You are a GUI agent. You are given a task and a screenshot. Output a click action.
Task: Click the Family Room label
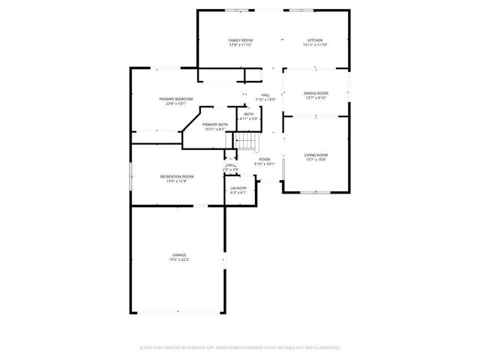pos(240,40)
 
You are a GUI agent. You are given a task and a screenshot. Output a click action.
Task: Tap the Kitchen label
pos(315,40)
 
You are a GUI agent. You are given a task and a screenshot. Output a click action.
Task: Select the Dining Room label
pos(315,93)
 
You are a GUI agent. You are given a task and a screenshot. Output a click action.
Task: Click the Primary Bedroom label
pos(176,99)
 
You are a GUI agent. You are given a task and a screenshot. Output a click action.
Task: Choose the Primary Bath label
pos(214,124)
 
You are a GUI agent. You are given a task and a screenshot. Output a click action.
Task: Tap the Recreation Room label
pos(176,176)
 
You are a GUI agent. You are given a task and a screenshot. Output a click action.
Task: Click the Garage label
pos(178,255)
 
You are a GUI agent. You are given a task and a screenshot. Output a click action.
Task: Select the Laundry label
pos(238,187)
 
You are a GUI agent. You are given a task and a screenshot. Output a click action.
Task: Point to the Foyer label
pos(264,159)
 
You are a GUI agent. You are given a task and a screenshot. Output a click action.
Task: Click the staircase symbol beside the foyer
pos(247,141)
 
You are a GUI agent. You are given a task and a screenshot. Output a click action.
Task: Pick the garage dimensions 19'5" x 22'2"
pos(178,260)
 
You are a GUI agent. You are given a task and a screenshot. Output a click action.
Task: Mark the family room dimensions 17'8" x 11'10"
pos(240,45)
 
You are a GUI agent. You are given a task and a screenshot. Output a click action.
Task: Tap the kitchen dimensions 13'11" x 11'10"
pos(315,45)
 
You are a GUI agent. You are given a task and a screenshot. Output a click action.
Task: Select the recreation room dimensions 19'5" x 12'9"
pos(176,181)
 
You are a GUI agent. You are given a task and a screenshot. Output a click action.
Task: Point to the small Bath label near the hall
pos(248,114)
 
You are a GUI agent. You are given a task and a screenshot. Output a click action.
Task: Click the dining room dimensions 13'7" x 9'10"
pos(315,97)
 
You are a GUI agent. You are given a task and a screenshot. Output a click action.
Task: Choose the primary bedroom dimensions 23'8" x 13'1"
pos(176,103)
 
